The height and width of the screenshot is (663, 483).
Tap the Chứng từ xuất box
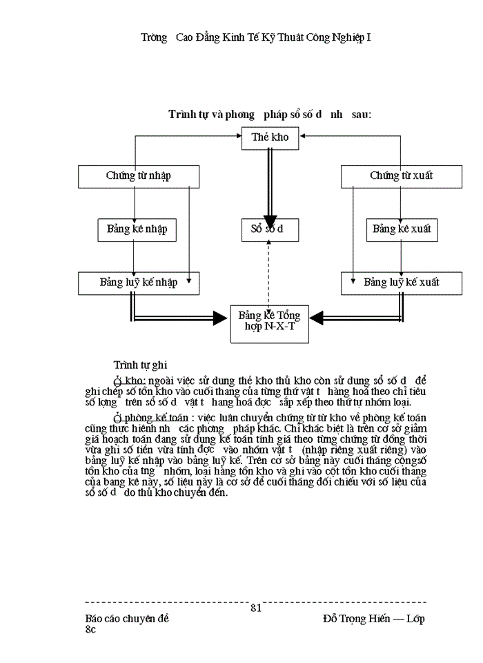coord(401,176)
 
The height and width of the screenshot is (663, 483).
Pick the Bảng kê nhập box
coord(137,229)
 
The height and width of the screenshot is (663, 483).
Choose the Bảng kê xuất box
coord(402,229)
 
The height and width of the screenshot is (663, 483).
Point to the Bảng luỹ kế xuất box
coord(401,282)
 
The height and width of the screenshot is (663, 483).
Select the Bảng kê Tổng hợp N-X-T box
coord(270,321)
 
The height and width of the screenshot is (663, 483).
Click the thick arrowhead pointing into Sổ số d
coord(270,222)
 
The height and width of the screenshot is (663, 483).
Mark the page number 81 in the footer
coord(256,608)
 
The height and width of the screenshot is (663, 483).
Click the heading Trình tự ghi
coord(139,364)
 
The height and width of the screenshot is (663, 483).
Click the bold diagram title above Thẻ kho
coord(270,114)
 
